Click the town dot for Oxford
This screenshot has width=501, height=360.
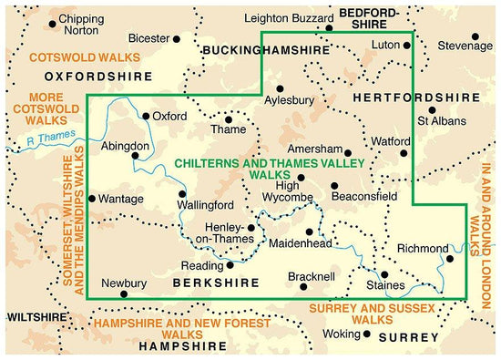click(146, 116)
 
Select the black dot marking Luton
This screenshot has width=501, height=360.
click(413, 43)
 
